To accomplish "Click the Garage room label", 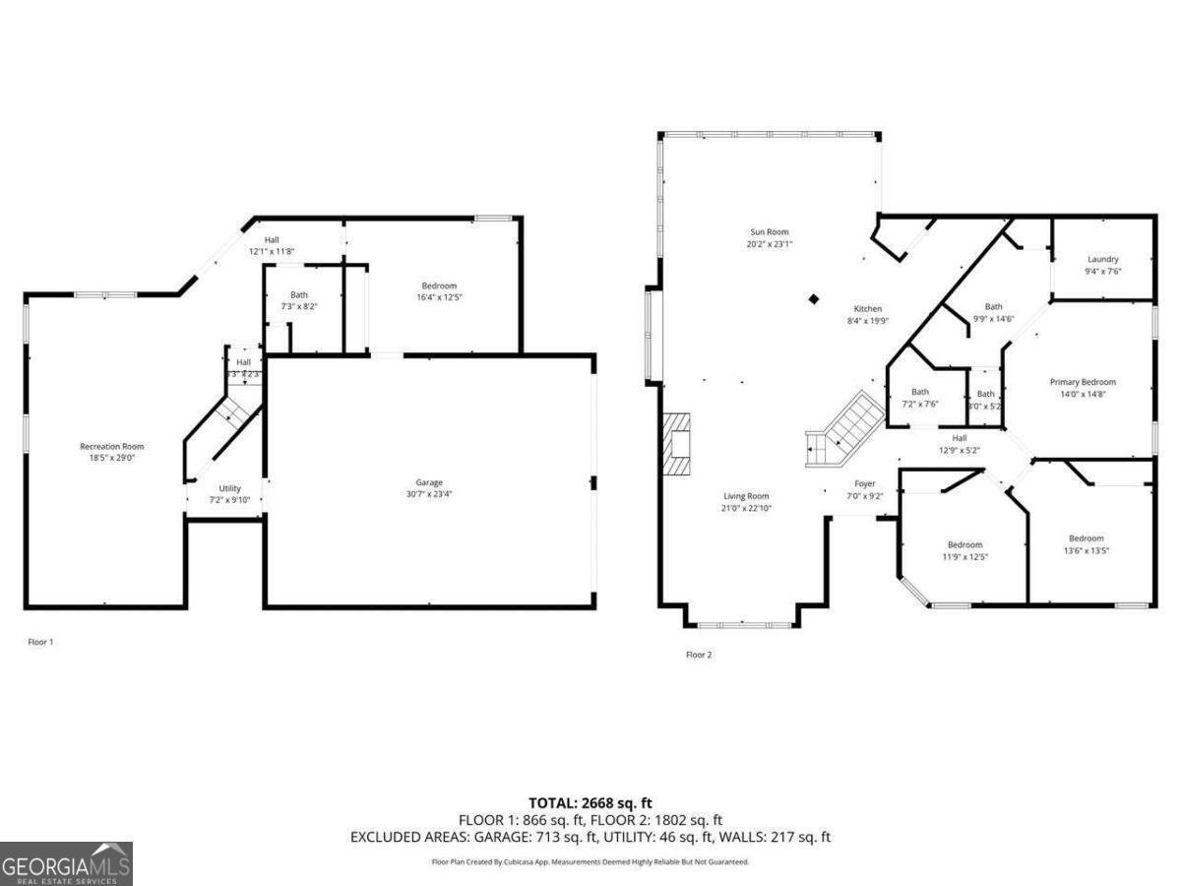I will pyautogui.click(x=429, y=482).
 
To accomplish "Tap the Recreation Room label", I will pyautogui.click(x=112, y=447).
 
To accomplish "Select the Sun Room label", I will pyautogui.click(x=770, y=232).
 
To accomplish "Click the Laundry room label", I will pyautogui.click(x=1102, y=260).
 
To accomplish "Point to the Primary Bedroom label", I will pyautogui.click(x=1083, y=382).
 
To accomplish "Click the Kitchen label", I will pyautogui.click(x=868, y=309).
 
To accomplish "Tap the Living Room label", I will pyautogui.click(x=745, y=496).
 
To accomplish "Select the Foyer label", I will pyautogui.click(x=864, y=483).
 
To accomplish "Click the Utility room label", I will pyautogui.click(x=229, y=488).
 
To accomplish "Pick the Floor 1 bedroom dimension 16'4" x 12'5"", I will pyautogui.click(x=440, y=296).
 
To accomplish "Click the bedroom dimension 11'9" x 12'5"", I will pyautogui.click(x=964, y=556).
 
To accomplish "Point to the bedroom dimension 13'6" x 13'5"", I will pyautogui.click(x=1087, y=550).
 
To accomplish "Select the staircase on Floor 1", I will pyautogui.click(x=234, y=408).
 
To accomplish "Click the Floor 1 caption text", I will pyautogui.click(x=40, y=642).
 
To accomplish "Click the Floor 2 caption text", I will pyautogui.click(x=699, y=655).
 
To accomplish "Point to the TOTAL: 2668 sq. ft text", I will pyautogui.click(x=590, y=803).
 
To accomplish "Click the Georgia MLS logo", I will pyautogui.click(x=66, y=863).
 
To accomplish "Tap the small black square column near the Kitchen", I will pyautogui.click(x=814, y=299).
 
